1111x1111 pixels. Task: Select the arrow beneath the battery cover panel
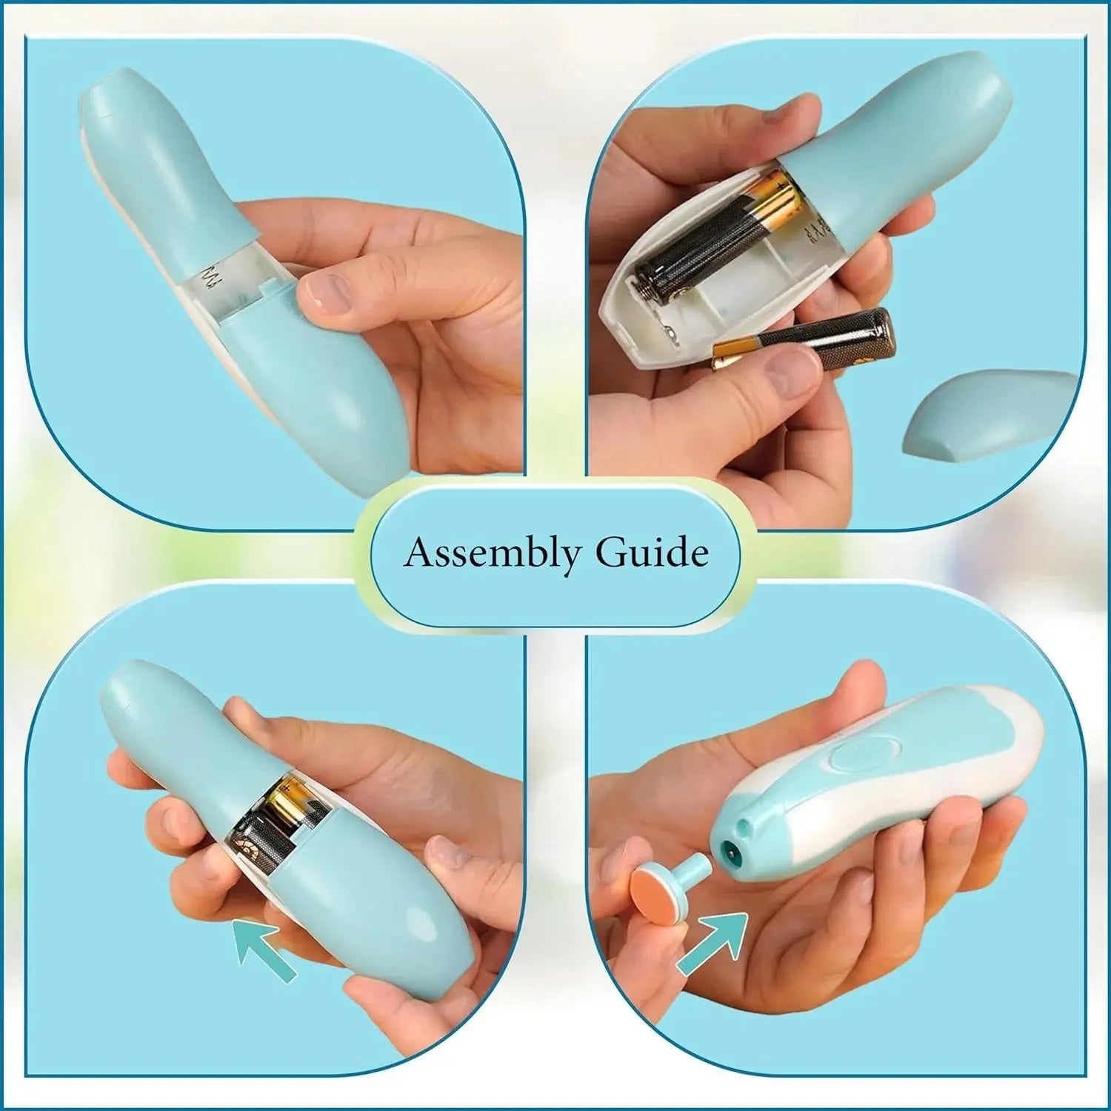264,951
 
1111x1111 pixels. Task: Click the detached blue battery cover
989,415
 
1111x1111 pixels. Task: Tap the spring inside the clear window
209,283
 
